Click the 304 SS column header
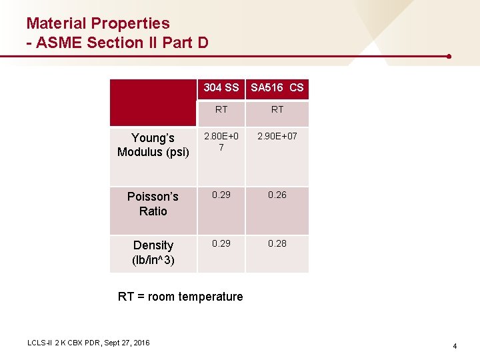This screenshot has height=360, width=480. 221,87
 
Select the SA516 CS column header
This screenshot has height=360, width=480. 277,87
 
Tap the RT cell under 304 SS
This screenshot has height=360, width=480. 221,109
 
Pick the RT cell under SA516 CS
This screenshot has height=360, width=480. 277,109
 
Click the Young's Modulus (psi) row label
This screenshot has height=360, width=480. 153,145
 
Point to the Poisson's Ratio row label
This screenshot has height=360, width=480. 153,203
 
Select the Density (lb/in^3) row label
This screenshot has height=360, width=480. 153,253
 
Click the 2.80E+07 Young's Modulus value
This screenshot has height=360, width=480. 221,141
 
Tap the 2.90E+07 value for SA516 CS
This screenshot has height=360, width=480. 277,136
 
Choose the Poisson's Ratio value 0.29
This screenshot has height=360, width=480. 221,195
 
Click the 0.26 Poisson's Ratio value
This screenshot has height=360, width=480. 277,195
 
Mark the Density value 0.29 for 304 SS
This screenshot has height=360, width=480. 221,243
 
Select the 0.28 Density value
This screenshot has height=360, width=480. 277,243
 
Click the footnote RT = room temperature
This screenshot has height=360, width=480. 180,297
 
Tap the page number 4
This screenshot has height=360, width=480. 455,346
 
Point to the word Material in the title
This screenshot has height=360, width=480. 55,23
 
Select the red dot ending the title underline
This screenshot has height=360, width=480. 449,57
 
